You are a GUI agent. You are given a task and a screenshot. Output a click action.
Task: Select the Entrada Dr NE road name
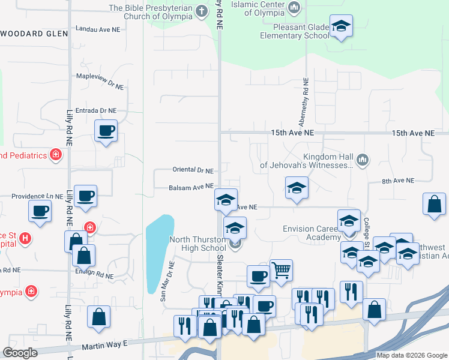(96, 110)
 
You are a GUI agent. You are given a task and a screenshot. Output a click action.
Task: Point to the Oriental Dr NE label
(193, 170)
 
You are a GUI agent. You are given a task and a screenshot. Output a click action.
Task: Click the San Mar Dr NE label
(166, 280)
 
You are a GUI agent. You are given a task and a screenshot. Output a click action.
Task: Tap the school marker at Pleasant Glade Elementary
(341, 26)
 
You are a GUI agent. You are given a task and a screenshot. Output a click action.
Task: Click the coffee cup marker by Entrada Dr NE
(106, 131)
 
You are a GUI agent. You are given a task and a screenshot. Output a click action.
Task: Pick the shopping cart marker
(280, 269)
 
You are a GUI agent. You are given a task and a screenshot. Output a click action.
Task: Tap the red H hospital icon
(25, 239)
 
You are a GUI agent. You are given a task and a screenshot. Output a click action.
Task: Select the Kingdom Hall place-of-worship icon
(361, 160)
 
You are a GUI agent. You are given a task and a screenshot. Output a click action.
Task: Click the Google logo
(20, 353)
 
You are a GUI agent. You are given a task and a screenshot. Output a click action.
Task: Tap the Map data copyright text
(411, 355)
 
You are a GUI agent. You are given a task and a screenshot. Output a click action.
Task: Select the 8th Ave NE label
(398, 181)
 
